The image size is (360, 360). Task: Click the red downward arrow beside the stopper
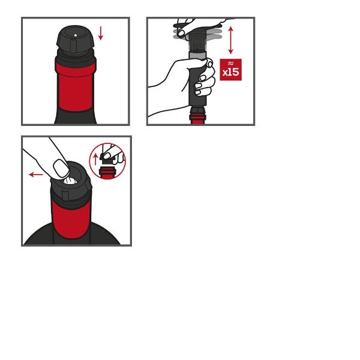click(x=101, y=33)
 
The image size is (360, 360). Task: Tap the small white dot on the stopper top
click(x=76, y=35)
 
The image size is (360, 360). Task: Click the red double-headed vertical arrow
click(x=231, y=40)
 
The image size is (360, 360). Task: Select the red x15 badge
click(x=231, y=70)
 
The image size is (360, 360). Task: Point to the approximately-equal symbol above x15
click(x=231, y=64)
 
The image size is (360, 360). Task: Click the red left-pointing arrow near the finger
click(x=36, y=175)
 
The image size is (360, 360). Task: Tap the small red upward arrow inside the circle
click(x=96, y=159)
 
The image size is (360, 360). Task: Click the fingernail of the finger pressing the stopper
click(x=61, y=168)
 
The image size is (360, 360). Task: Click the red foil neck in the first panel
click(x=75, y=86)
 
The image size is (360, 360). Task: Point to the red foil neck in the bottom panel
click(x=71, y=219)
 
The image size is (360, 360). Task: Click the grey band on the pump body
click(x=197, y=56)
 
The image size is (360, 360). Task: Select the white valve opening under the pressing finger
click(x=70, y=181)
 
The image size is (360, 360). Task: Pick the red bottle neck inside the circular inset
click(x=107, y=173)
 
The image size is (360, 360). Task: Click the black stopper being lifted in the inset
click(x=106, y=158)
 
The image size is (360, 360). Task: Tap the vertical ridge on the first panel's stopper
click(x=73, y=46)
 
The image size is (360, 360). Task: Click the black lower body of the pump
click(x=197, y=83)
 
